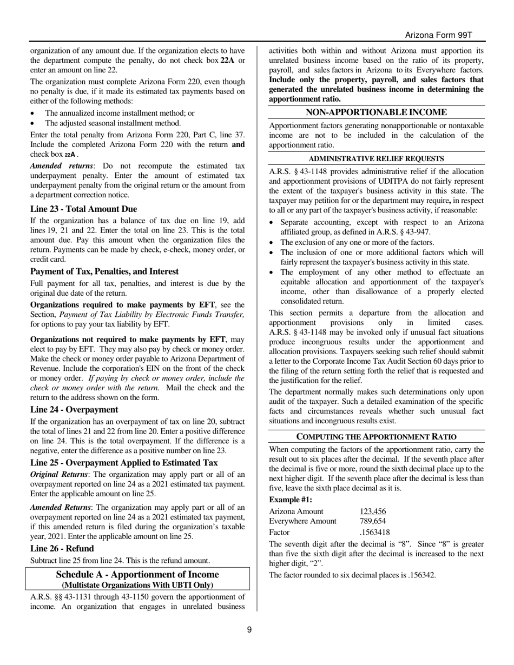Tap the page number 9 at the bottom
(x=249, y=629)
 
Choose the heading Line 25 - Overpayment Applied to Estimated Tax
(x=124, y=462)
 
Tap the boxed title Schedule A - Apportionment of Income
(x=137, y=574)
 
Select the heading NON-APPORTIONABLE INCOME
(x=377, y=112)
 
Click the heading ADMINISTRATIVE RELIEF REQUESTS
(x=377, y=158)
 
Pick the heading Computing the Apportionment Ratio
(x=377, y=436)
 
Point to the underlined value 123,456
(x=373, y=511)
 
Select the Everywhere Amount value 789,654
(x=373, y=521)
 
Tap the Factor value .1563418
(x=374, y=532)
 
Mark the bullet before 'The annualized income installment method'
(x=34, y=114)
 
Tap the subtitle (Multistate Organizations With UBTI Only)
(x=137, y=584)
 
